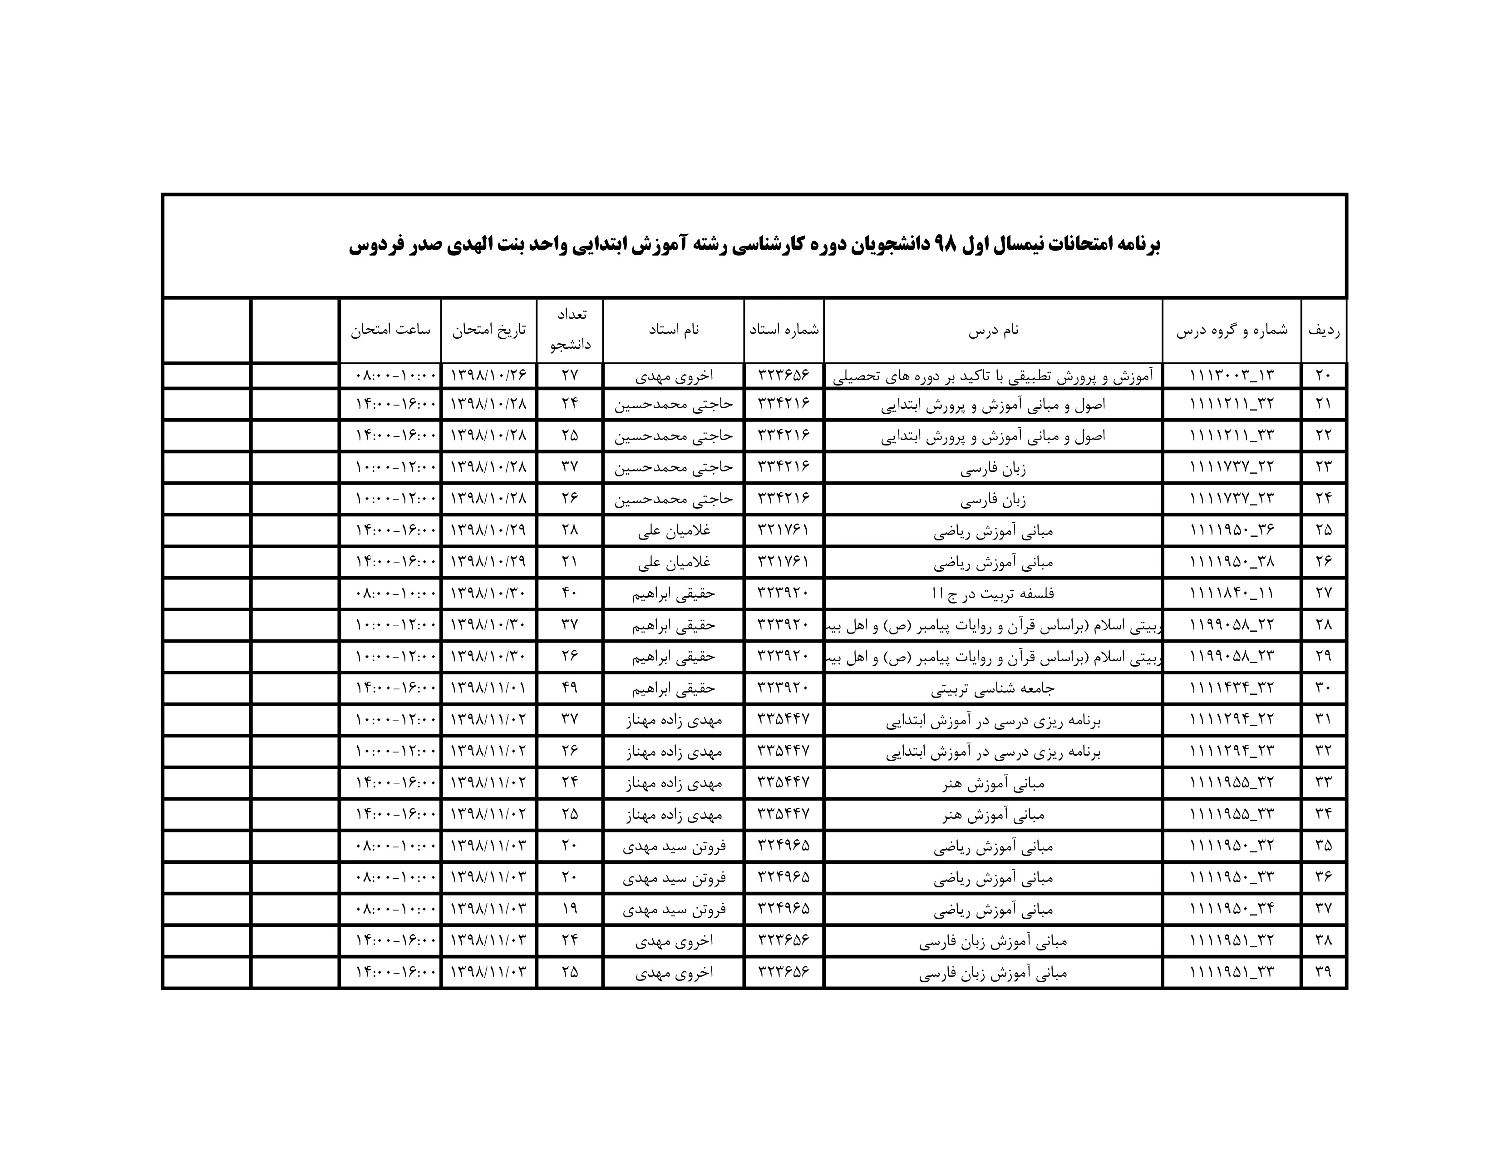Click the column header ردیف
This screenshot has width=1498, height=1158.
1323,330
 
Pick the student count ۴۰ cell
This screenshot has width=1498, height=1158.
569,593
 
